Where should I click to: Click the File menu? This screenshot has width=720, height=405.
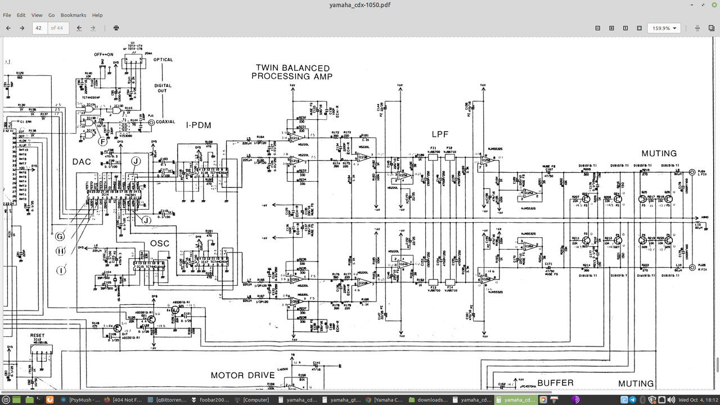coord(7,15)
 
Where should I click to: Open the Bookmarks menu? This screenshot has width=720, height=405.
coord(74,15)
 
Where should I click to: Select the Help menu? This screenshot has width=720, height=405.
coord(97,15)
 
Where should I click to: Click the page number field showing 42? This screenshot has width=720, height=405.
coord(39,28)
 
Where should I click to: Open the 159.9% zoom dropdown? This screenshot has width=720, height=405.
coord(664,28)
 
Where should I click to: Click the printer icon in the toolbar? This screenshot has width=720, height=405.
coord(116,28)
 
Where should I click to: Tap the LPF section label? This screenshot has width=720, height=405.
coord(440,134)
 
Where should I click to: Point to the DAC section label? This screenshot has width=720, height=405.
coord(82,162)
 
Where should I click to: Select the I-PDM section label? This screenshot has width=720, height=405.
coord(199,125)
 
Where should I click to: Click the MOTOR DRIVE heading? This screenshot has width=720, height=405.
coord(243,375)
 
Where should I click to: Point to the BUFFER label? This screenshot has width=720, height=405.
coord(555,383)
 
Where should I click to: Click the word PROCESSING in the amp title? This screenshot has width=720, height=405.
coord(280,76)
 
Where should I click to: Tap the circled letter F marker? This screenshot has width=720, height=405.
coord(102,142)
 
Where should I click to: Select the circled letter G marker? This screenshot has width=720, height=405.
coord(60,236)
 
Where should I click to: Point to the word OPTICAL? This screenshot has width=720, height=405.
coord(163,60)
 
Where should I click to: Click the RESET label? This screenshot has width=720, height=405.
coord(37,336)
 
